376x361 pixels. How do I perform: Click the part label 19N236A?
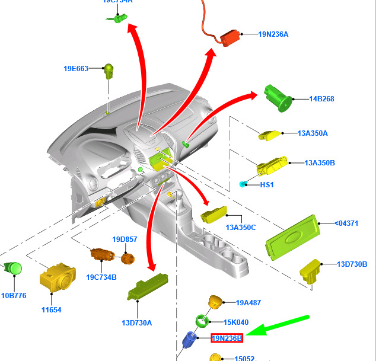[x=273, y=34]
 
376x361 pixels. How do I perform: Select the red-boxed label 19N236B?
[x=227, y=338]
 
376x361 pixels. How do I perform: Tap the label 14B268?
[x=321, y=99]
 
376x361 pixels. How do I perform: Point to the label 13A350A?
[x=313, y=133]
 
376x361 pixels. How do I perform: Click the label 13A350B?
[x=320, y=162]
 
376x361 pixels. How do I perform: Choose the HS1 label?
[x=267, y=185]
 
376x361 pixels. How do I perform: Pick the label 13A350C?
[x=240, y=228]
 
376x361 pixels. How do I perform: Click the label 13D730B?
[x=352, y=264]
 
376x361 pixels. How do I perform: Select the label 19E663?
[x=76, y=69]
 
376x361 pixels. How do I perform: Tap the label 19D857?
[x=125, y=239]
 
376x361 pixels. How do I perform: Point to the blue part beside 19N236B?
[x=190, y=340]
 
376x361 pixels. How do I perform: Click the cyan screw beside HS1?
[x=243, y=185]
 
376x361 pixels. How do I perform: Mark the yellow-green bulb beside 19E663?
[x=109, y=71]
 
